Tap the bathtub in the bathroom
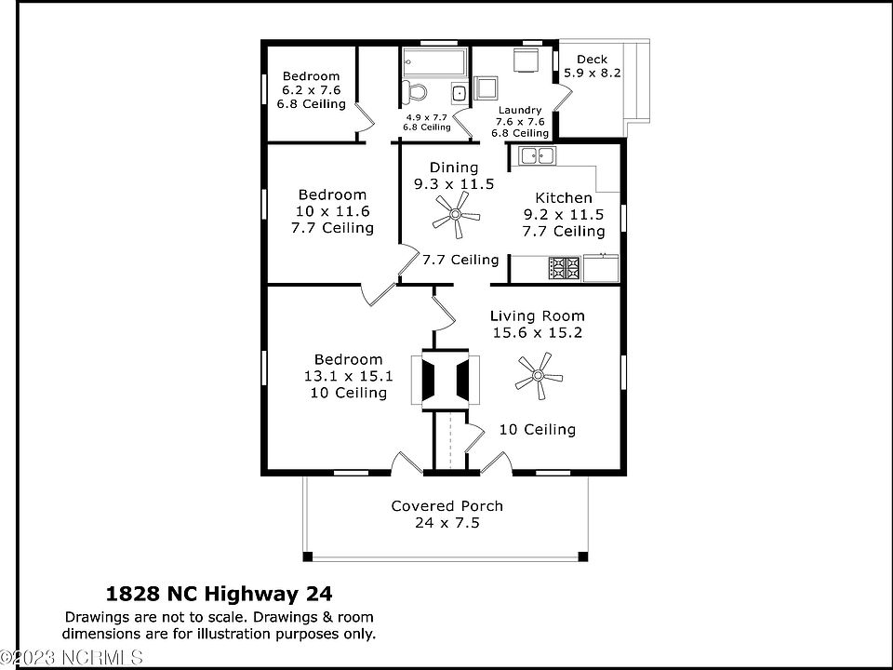coord(433,64)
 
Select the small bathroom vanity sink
coord(459,93)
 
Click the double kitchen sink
coord(537,156)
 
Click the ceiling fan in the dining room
coord(456,219)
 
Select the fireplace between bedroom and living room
coord(451,380)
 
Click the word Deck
coord(592,60)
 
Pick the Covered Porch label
coord(446,506)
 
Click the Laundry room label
coord(519,110)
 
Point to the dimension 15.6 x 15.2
coord(538,332)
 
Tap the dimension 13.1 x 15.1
coord(348,376)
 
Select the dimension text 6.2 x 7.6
coord(311,90)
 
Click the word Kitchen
coord(564,198)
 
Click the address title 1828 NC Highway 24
coord(220,593)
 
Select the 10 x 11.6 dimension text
coord(332,211)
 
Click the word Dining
coord(454,167)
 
